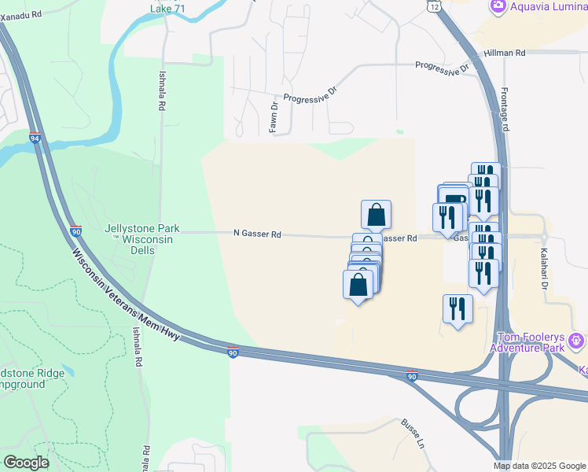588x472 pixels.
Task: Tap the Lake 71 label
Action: point(173,9)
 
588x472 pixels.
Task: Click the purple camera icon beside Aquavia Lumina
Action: point(497,7)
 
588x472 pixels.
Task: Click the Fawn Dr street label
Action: point(274,117)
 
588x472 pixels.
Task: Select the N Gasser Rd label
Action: point(257,234)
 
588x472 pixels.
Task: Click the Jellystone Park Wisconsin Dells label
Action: point(141,234)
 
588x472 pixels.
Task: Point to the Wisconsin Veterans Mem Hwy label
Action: point(126,296)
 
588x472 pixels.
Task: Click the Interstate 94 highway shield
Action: point(35,138)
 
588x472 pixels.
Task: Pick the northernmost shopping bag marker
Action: point(376,214)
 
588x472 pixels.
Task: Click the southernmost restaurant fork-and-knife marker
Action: point(457,308)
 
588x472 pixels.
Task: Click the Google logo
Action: point(25,463)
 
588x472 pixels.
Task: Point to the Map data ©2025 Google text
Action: point(538,466)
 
